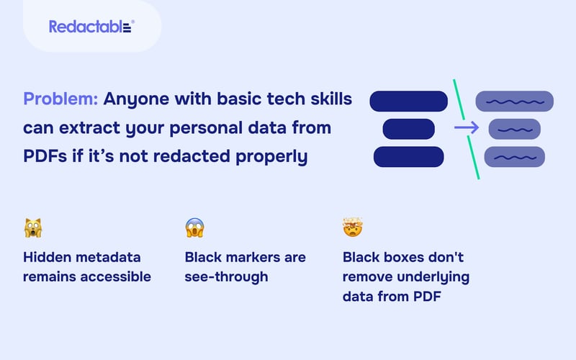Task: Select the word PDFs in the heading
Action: pyautogui.click(x=46, y=155)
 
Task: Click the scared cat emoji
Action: pyautogui.click(x=32, y=229)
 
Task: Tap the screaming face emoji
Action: pyautogui.click(x=194, y=229)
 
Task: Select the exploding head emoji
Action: pyautogui.click(x=352, y=229)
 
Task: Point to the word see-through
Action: pyautogui.click(x=225, y=276)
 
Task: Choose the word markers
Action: pyautogui.click(x=253, y=257)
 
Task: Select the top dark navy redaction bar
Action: pyautogui.click(x=408, y=101)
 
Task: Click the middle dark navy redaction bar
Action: pyautogui.click(x=408, y=129)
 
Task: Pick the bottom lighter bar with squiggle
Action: pyautogui.click(x=514, y=156)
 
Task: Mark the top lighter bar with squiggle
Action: pyautogui.click(x=514, y=102)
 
